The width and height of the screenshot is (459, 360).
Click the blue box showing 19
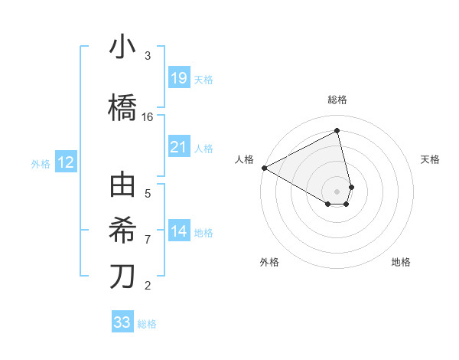pos(178,78)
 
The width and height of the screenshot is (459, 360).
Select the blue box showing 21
pos(178,147)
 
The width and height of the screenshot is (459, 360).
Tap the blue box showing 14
pos(178,231)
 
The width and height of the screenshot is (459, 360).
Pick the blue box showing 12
pos(65,162)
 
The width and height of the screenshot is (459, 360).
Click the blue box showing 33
pos(122,322)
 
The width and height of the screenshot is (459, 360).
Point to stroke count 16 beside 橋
pos(148,117)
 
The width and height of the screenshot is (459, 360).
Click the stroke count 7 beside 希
pos(148,240)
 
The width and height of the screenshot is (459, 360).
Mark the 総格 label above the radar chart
pos(337,100)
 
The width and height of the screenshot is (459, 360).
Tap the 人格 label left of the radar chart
pos(245,159)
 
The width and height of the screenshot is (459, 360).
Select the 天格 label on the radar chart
pos(430,159)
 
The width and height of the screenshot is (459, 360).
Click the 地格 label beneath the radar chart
pos(401,262)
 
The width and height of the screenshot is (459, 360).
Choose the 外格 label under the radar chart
pos(269,262)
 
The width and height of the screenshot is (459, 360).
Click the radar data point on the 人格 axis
pos(264,168)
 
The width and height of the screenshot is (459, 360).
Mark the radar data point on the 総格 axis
pos(337,131)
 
